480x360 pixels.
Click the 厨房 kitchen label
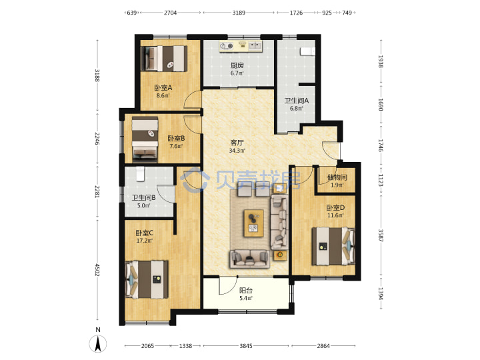click(237, 65)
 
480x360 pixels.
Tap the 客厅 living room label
click(237, 143)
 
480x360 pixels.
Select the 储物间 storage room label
click(337, 177)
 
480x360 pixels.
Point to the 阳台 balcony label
click(246, 290)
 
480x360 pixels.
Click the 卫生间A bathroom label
click(296, 101)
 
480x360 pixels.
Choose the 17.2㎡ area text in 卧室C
click(145, 241)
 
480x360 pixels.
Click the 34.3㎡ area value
click(237, 151)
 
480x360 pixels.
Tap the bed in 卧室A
click(164, 59)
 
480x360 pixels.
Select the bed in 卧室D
click(333, 246)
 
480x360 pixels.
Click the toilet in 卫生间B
click(140, 173)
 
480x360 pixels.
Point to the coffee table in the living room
click(253, 223)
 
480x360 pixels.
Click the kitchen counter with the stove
click(241, 46)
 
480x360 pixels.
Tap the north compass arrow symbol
click(98, 343)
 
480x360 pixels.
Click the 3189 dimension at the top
click(239, 13)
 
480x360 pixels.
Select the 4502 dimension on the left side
click(97, 270)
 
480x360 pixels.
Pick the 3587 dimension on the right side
click(381, 235)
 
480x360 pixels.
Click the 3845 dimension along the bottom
click(246, 346)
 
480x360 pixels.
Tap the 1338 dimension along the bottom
click(185, 346)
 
